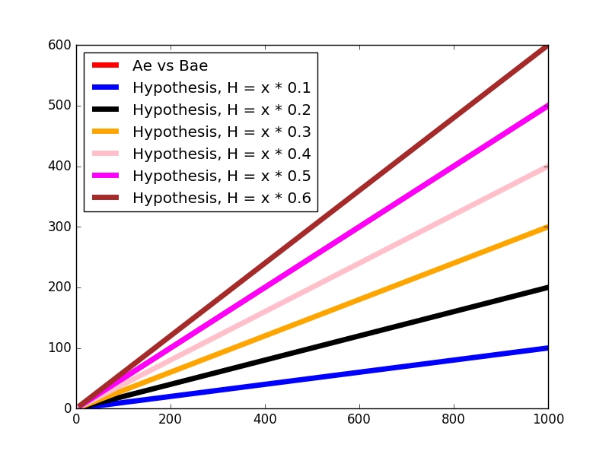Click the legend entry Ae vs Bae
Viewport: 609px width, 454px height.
coord(170,65)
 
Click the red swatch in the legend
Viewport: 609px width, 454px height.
coord(106,65)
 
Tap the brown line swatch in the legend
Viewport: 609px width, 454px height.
coord(106,198)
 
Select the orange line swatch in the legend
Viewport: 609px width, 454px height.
coord(106,132)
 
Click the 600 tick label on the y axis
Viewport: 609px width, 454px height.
coord(62,46)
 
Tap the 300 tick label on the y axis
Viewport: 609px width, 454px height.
coord(62,227)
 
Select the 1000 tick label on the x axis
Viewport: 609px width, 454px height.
coord(547,419)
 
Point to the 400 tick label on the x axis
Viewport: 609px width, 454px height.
coord(265,419)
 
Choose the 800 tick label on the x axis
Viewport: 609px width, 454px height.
coord(454,419)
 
